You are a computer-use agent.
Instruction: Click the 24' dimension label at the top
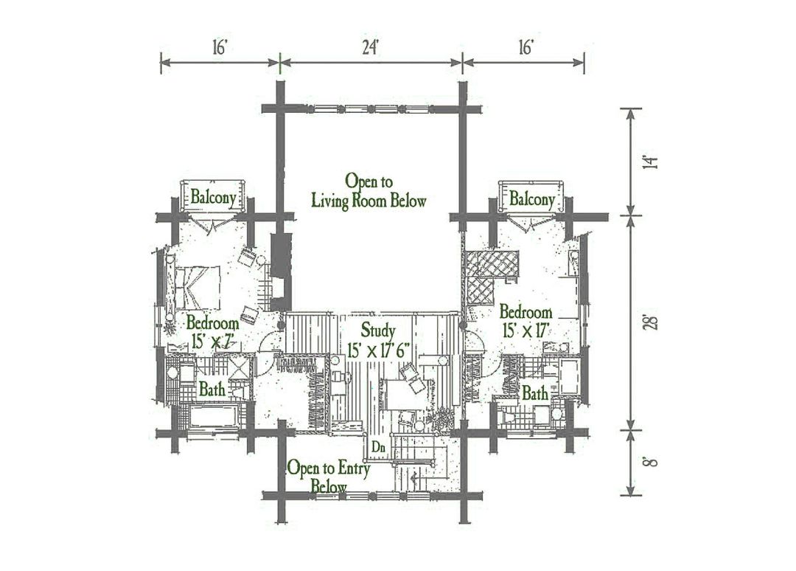(x=371, y=47)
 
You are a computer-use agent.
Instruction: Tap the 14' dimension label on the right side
(x=650, y=162)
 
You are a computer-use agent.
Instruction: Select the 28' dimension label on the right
(x=650, y=323)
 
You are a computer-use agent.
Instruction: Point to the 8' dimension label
(x=650, y=462)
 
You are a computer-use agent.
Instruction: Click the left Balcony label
(x=213, y=197)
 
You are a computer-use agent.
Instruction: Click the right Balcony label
(x=531, y=198)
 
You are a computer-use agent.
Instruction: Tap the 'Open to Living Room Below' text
(x=369, y=191)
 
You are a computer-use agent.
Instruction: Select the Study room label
(x=377, y=331)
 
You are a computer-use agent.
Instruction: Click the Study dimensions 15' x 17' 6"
(x=378, y=350)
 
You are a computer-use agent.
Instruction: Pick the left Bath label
(x=212, y=389)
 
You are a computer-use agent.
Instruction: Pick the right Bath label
(x=535, y=393)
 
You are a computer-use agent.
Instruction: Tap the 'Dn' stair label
(x=378, y=448)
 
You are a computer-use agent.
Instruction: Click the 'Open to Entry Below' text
(x=329, y=477)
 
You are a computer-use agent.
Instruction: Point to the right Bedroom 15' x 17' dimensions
(x=526, y=331)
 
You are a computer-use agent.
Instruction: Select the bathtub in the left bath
(x=214, y=416)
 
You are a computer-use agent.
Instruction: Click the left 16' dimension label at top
(x=220, y=47)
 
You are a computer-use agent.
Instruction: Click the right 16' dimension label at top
(x=525, y=47)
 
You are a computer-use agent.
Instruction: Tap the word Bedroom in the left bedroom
(x=212, y=323)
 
